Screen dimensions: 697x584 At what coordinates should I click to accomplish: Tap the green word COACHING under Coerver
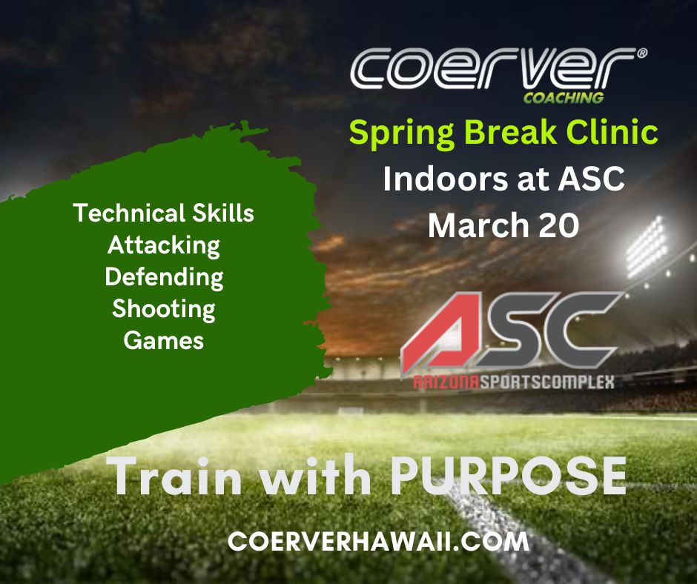coord(564,98)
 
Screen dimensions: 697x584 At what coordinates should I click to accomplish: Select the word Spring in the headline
coord(403,133)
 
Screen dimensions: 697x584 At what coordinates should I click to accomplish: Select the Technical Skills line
coord(164,213)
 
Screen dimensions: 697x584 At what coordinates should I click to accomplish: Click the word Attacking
coord(164,246)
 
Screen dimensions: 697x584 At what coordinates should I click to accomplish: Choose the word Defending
coord(164,278)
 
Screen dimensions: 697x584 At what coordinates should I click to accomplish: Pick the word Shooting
coord(164,310)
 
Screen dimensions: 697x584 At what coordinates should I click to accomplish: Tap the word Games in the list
coord(164,341)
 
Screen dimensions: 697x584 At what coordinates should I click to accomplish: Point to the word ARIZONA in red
coord(446,382)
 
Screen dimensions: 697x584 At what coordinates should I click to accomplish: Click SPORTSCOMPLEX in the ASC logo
coord(546,382)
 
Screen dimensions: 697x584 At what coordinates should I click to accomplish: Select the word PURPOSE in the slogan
coord(509,476)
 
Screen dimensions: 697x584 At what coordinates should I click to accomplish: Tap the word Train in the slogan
coord(177,476)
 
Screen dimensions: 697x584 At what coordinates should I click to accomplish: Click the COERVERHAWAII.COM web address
coord(378,541)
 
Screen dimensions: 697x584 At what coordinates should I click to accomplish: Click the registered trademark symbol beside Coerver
coord(642,53)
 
